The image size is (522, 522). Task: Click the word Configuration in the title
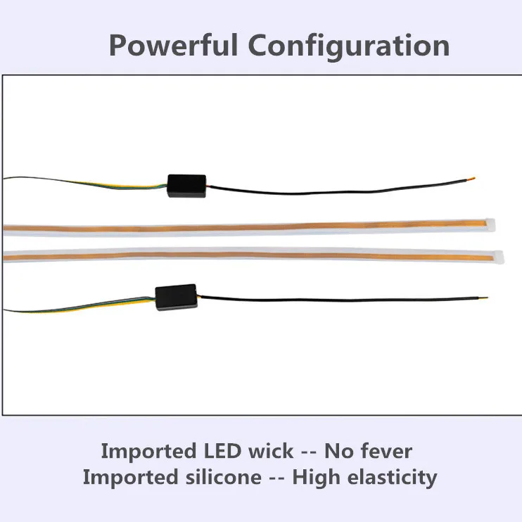tap(349, 46)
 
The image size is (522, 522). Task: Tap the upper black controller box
tap(186, 185)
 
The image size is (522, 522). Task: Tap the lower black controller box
tap(176, 298)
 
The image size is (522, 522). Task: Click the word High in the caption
tap(313, 478)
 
